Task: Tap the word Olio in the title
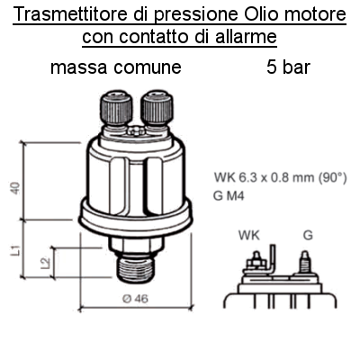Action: tap(261, 14)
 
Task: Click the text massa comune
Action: tap(116, 67)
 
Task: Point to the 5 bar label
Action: tap(288, 67)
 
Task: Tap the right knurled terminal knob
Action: tap(157, 107)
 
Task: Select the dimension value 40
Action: tap(15, 188)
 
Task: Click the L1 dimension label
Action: tap(15, 250)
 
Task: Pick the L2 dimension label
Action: tap(45, 263)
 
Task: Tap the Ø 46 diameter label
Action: tap(136, 299)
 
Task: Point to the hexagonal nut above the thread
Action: tap(136, 246)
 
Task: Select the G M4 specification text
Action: tap(229, 196)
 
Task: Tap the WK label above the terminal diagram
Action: tap(249, 236)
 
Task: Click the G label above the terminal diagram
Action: tap(308, 236)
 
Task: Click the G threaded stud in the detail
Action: tap(305, 262)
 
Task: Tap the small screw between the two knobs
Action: tap(136, 130)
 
